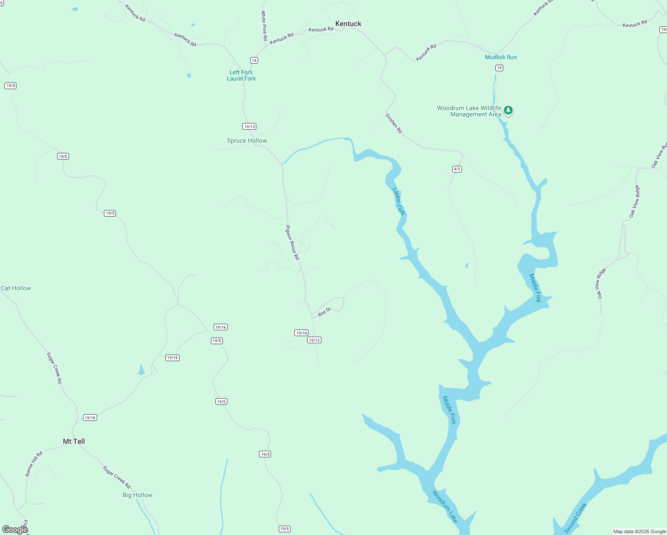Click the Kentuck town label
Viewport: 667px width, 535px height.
(x=348, y=24)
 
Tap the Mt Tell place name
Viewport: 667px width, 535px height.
(x=74, y=441)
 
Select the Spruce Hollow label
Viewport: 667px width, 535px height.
(x=247, y=140)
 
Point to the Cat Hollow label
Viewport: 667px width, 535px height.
(x=16, y=288)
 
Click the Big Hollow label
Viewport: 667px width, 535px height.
(x=137, y=495)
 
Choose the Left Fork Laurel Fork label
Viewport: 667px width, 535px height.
(x=241, y=75)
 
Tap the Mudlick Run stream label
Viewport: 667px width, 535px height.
(x=501, y=57)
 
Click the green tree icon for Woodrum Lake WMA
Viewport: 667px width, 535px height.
(x=508, y=110)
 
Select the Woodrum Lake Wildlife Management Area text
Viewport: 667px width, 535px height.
(x=469, y=111)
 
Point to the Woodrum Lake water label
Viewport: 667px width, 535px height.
(x=445, y=506)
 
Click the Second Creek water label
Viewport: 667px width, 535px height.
(x=575, y=518)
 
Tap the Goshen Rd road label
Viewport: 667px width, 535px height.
(x=394, y=123)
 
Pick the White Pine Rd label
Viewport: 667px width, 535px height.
(x=264, y=26)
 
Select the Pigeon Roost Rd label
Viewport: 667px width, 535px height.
(x=292, y=243)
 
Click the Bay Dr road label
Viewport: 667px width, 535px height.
(x=324, y=312)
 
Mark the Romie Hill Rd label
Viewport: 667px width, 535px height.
(x=34, y=464)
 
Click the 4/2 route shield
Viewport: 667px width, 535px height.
(x=457, y=169)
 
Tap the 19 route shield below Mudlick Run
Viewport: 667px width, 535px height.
(x=499, y=68)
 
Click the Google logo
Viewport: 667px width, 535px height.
(x=15, y=529)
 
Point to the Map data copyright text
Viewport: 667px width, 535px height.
(x=639, y=531)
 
